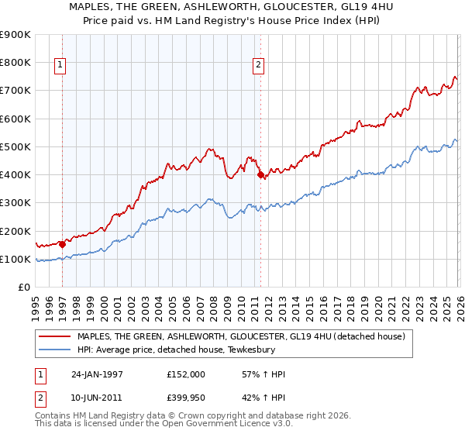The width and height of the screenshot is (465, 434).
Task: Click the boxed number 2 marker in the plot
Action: pyautogui.click(x=258, y=66)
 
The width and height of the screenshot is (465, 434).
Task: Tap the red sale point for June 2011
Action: pyautogui.click(x=260, y=175)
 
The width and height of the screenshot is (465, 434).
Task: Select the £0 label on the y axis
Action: pyautogui.click(x=23, y=288)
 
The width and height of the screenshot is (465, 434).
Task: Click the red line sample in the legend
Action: pyautogui.click(x=56, y=337)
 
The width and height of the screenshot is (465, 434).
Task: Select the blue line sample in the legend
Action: pyautogui.click(x=56, y=350)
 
